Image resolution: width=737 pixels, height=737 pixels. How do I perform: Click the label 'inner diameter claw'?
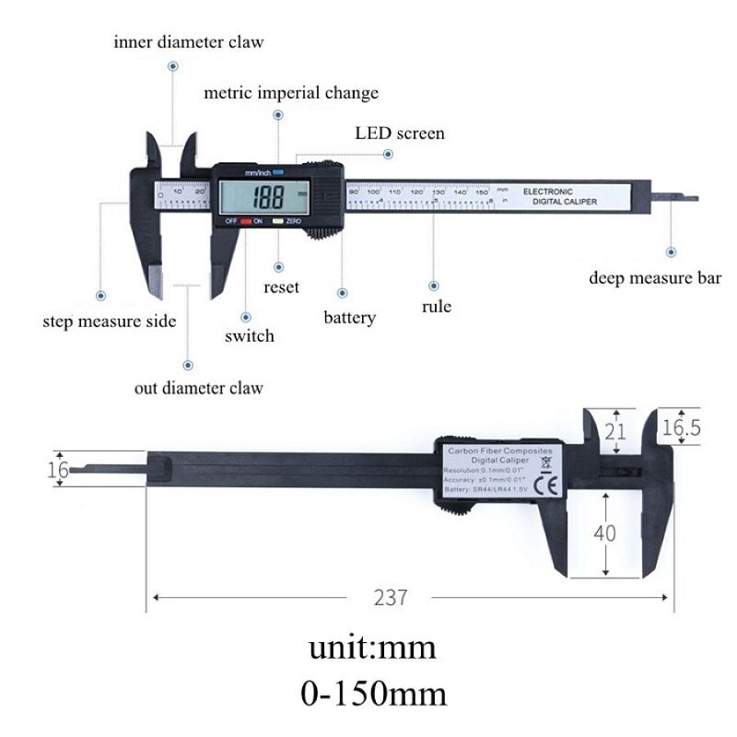(188, 42)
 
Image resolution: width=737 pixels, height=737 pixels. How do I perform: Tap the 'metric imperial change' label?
(290, 93)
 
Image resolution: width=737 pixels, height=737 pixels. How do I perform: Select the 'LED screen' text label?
(400, 134)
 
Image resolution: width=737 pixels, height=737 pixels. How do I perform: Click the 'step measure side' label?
(109, 322)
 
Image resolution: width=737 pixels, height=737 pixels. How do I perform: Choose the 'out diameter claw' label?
(198, 388)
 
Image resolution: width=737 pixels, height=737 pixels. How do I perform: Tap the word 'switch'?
(249, 336)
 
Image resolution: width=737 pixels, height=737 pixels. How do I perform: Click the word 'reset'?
(281, 287)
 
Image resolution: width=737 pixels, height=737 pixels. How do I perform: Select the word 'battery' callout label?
(349, 318)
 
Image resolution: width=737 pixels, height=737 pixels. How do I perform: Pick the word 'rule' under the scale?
(437, 307)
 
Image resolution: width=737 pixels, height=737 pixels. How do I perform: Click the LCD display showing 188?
(268, 196)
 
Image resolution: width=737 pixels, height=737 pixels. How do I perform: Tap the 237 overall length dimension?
(391, 597)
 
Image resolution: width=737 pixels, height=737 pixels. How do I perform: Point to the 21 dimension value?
(615, 430)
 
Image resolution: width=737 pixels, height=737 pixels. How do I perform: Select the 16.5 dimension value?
(682, 427)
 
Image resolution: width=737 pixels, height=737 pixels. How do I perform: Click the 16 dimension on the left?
(57, 469)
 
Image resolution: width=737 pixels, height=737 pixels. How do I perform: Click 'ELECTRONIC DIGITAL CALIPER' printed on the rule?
(559, 196)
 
